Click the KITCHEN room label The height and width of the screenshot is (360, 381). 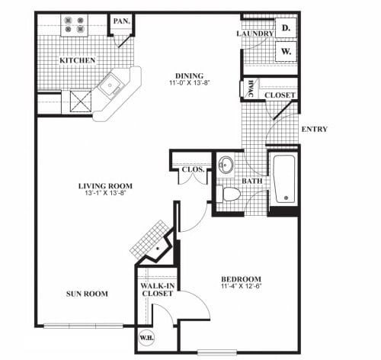coord(78,60)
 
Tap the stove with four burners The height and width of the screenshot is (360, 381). coord(73,25)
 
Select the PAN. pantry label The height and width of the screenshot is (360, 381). coord(120,22)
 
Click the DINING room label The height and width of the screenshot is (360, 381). coord(190,75)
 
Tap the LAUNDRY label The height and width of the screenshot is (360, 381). coord(255,34)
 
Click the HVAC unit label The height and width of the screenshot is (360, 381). coord(250,89)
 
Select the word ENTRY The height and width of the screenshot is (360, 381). coord(314,129)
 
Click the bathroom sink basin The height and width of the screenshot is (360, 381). coord(226,165)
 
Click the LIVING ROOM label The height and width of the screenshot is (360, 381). coord(105,185)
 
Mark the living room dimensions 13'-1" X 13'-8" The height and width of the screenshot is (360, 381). coord(105,195)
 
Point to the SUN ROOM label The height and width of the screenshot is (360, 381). coord(86,294)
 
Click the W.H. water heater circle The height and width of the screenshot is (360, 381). coord(146,335)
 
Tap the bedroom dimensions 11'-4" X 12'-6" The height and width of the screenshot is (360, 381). coord(242,288)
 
